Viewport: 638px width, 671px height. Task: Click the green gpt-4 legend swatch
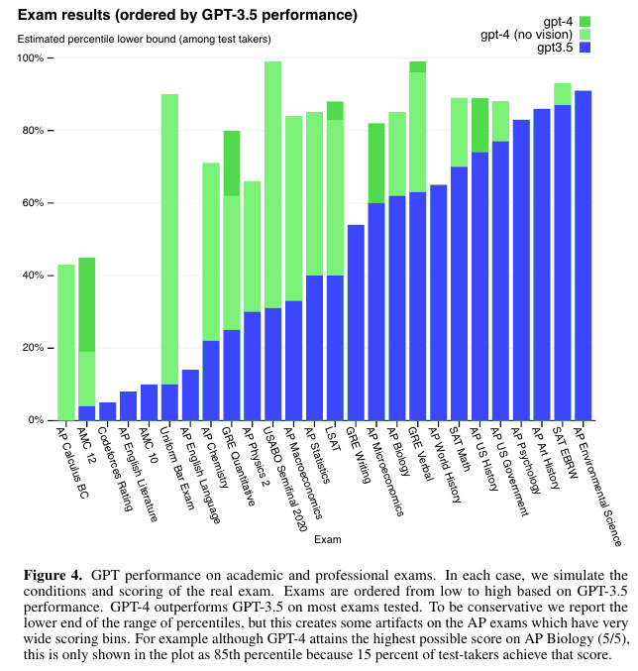click(585, 21)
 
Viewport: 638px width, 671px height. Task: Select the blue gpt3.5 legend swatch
click(585, 47)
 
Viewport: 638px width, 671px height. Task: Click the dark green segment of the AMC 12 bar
click(87, 304)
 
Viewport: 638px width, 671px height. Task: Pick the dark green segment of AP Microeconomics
click(376, 163)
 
